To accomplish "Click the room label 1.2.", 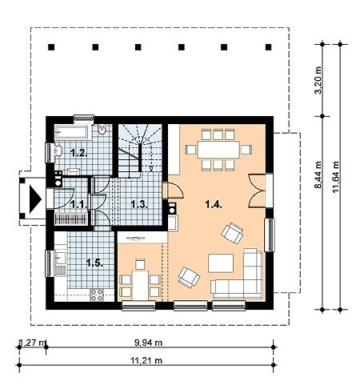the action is (78, 153).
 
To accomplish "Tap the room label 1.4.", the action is (214, 205).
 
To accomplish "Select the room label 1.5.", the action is (94, 263).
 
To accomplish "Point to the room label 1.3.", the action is (139, 205).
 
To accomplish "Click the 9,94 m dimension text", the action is (148, 343).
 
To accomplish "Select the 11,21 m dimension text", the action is (146, 361).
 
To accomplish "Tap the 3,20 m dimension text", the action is (318, 80).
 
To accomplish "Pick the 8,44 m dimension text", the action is (318, 174).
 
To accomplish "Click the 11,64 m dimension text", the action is (336, 177).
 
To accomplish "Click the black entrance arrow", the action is (34, 199).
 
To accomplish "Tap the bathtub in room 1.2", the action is (71, 133).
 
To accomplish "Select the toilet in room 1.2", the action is (102, 130).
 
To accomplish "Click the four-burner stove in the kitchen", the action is (97, 295).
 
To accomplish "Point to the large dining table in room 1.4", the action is (218, 150).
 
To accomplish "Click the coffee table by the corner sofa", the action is (221, 263).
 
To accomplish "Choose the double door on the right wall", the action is (258, 190).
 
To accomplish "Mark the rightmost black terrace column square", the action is (268, 47).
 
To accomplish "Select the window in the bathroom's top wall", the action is (84, 118).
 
